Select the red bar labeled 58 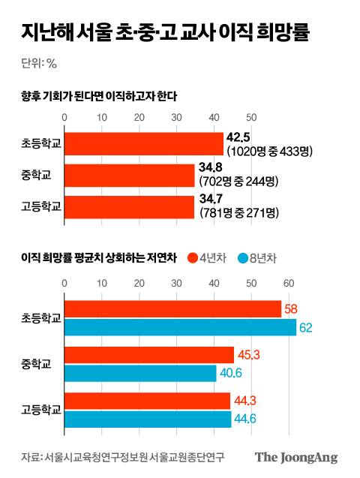(x=173, y=309)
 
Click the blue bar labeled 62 (x=180, y=327)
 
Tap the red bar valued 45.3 (x=149, y=355)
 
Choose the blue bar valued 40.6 (x=140, y=373)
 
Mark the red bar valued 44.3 (x=148, y=401)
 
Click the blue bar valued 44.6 (x=148, y=419)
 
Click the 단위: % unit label (x=40, y=63)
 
